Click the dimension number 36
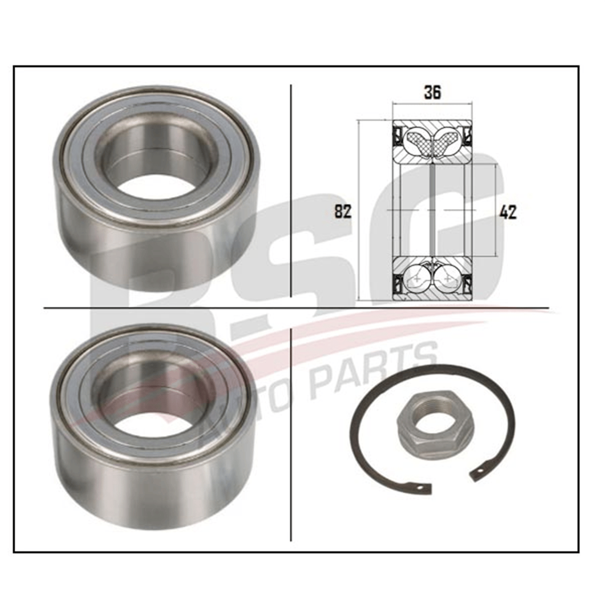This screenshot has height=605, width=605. coord(432,93)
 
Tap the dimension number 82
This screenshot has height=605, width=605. coord(343,212)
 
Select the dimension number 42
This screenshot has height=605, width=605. coord(508,213)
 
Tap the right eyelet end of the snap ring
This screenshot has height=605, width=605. coord(478,479)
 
